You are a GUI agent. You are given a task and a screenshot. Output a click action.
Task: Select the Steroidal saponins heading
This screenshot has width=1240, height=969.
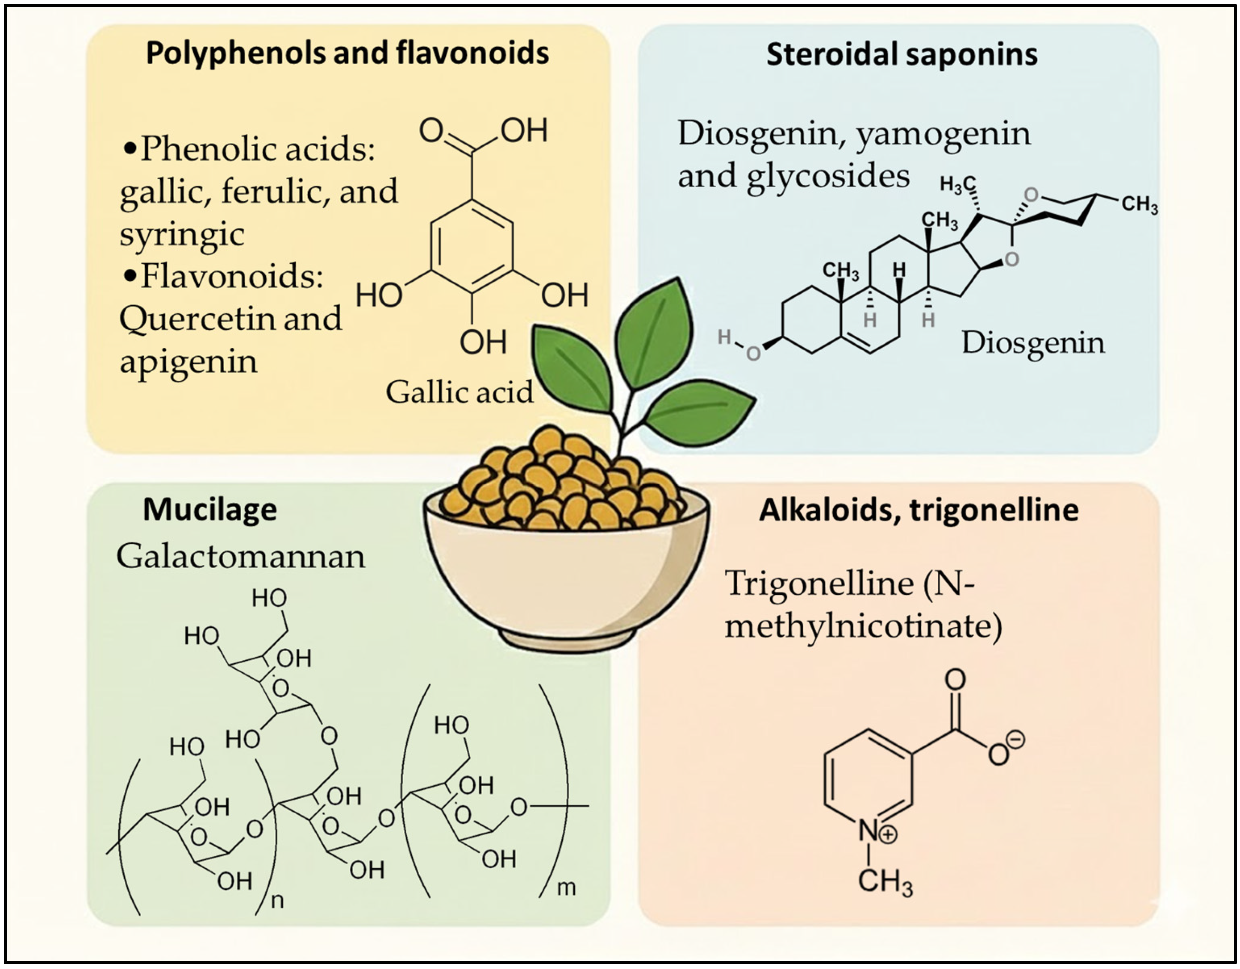pos(902,55)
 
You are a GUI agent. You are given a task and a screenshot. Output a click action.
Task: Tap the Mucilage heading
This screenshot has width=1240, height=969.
pos(210,509)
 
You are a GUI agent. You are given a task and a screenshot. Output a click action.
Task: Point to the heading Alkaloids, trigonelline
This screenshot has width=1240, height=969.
pos(919,509)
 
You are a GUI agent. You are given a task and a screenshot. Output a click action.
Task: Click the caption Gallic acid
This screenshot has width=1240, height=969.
pos(459,392)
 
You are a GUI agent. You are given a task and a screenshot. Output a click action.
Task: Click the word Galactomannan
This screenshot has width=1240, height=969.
pos(241,556)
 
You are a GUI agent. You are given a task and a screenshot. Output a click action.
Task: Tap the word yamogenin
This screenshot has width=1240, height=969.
pos(943,135)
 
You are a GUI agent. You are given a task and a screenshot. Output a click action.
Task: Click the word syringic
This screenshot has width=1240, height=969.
pos(182,235)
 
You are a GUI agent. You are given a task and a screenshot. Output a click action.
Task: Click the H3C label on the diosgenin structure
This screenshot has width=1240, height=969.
pos(957,184)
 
